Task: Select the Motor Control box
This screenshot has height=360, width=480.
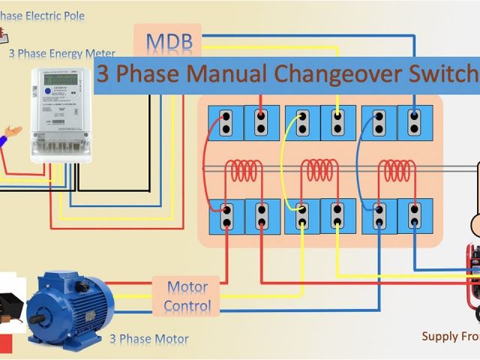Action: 187,296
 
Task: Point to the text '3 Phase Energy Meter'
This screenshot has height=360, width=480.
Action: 62,54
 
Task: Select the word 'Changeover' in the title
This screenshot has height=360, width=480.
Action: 323,74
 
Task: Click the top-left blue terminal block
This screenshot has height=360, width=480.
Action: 223,122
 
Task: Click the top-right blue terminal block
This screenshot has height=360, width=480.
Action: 415,122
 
